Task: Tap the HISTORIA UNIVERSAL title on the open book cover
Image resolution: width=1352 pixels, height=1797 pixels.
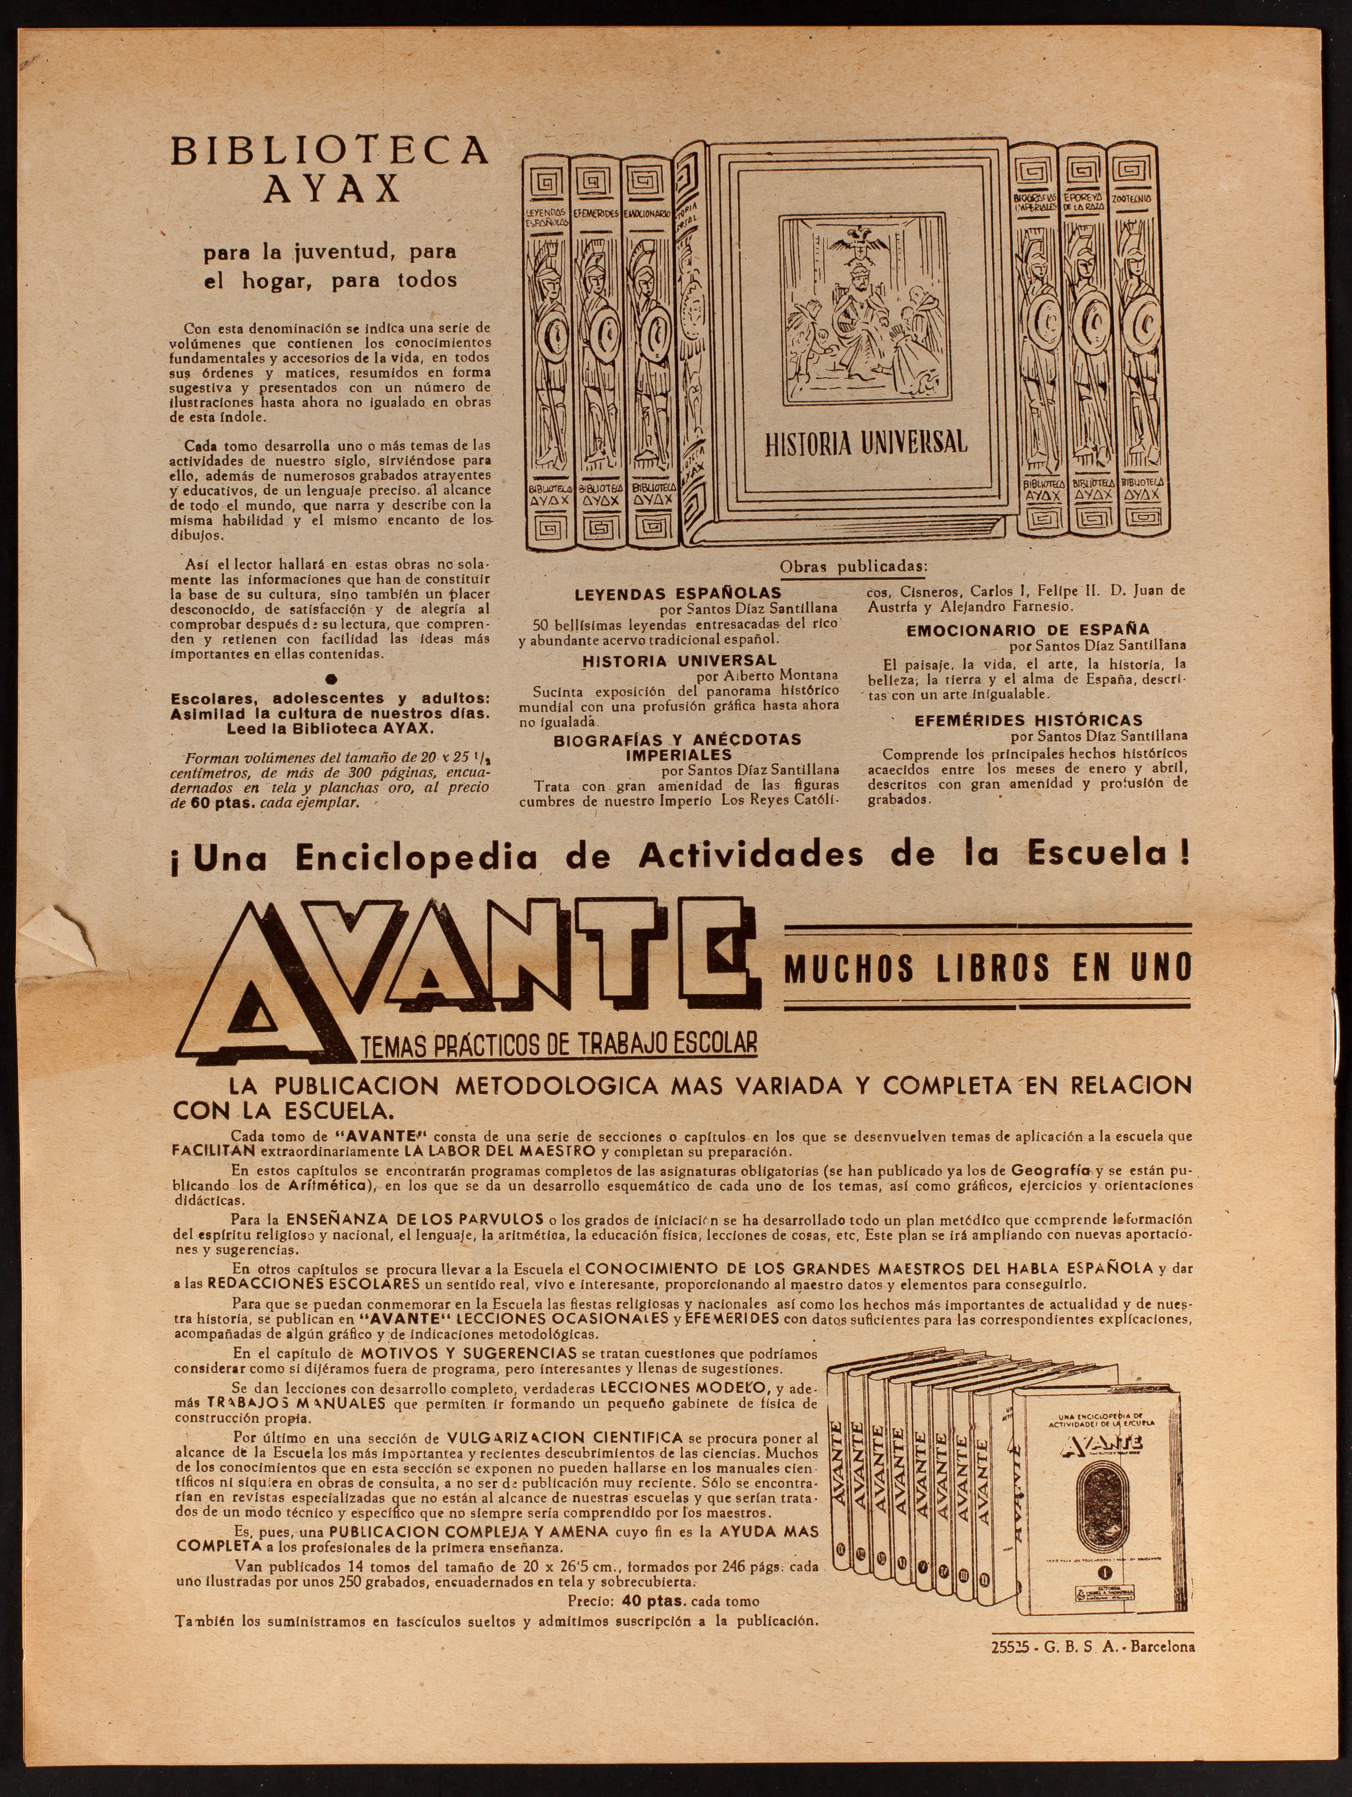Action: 866,443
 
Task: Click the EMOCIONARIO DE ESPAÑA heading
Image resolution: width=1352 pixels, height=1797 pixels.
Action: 1028,630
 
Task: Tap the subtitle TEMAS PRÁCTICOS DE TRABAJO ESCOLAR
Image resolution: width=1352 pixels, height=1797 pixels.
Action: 559,1044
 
